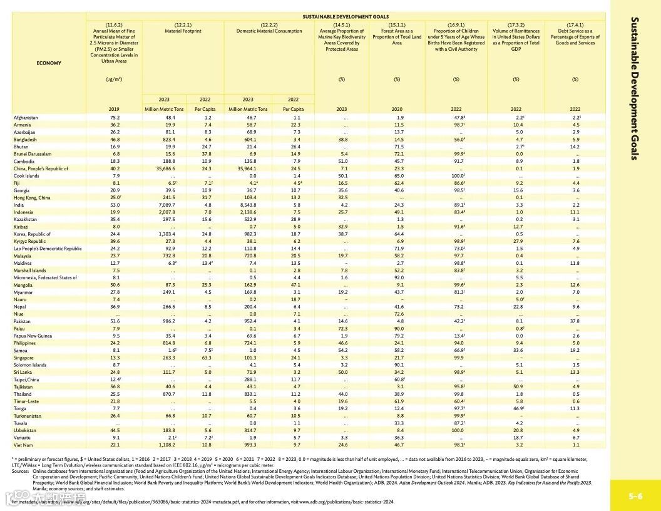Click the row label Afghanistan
pos(26,117)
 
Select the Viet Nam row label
pos(23,445)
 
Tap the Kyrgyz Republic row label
pos(29,241)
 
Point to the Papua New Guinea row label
pos(32,336)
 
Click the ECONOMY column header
pos(49,63)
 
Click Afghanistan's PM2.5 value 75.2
pos(115,117)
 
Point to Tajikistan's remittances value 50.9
pos(517,386)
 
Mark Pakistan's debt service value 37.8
pos(575,321)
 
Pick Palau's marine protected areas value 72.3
pos(342,328)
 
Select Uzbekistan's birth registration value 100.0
pos(457,430)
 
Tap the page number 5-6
pos(635,496)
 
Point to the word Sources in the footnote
pos(19,470)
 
